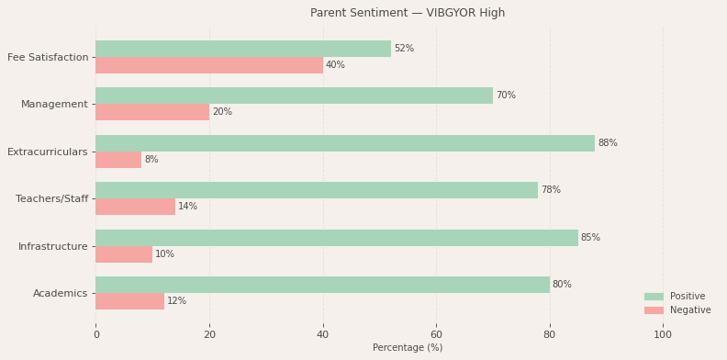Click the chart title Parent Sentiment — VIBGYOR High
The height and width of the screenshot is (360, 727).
(x=408, y=13)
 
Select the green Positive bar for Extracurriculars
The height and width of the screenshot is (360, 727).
(x=345, y=143)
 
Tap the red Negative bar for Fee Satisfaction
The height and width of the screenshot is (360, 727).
(x=209, y=65)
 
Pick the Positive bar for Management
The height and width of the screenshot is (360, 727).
(x=294, y=96)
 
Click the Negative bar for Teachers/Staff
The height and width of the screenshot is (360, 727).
(x=135, y=207)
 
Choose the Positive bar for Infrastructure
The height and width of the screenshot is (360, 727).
(x=337, y=238)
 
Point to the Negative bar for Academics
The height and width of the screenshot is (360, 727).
(x=129, y=301)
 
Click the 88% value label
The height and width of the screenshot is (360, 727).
(x=608, y=143)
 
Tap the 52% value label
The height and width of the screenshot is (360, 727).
(x=404, y=49)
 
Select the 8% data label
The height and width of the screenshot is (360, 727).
(x=151, y=160)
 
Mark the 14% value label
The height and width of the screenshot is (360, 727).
(x=188, y=207)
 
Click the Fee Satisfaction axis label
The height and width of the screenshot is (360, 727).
(x=48, y=57)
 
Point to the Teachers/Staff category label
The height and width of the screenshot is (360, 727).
(x=52, y=199)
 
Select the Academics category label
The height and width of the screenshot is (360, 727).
(x=61, y=294)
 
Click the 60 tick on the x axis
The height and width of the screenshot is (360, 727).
(x=436, y=335)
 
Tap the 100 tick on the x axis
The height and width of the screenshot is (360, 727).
(x=663, y=335)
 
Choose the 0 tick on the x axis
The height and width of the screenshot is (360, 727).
(x=95, y=335)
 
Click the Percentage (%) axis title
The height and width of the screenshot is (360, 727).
(x=408, y=348)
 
